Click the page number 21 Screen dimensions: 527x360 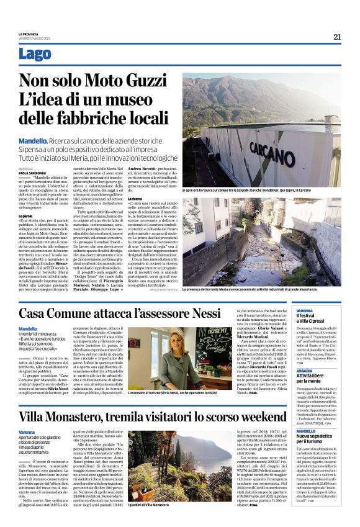[337, 37]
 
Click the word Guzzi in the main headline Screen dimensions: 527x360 [142, 81]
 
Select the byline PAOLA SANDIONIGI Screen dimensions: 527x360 [32, 173]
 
